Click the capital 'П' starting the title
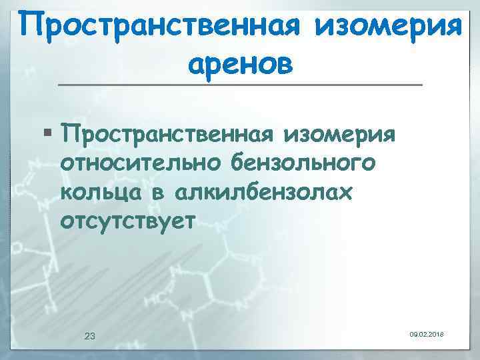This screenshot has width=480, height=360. (x=30, y=27)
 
